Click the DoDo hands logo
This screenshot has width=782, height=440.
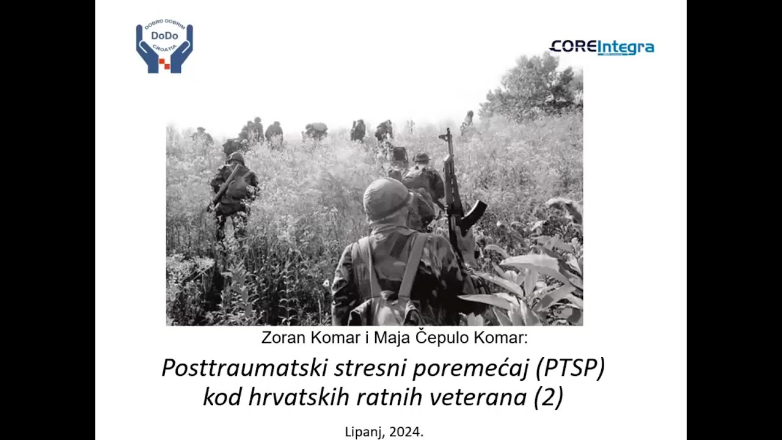[x=164, y=48]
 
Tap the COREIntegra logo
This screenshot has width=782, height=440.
[x=602, y=47]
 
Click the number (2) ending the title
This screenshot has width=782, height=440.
[x=548, y=397]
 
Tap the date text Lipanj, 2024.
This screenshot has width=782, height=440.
[x=384, y=431]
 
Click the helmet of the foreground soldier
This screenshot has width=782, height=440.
[x=387, y=199]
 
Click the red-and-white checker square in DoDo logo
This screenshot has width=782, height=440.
[x=164, y=63]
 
